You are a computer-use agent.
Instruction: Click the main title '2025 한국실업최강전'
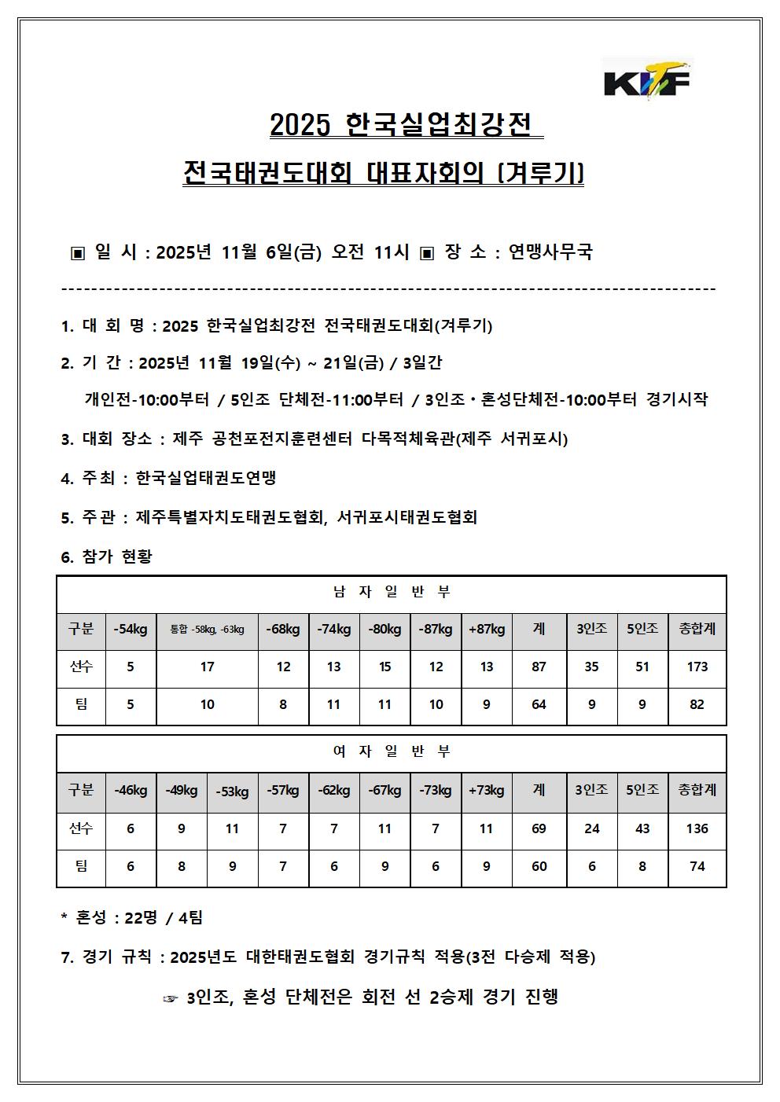click(x=401, y=125)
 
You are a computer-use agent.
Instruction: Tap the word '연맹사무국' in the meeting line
click(x=550, y=252)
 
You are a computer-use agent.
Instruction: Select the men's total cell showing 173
click(x=697, y=667)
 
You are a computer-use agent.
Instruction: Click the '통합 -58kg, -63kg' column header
click(x=207, y=630)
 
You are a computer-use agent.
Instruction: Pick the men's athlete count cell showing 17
click(x=207, y=667)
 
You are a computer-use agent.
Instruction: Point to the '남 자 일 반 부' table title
click(x=391, y=593)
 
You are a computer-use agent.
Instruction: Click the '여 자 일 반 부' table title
click(x=391, y=752)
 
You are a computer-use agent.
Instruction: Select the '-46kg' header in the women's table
click(x=131, y=790)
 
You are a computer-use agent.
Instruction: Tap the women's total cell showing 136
click(x=697, y=828)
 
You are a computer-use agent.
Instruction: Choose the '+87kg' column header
click(x=487, y=630)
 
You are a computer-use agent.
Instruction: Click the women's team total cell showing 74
click(x=697, y=866)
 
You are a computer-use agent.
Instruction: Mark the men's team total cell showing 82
click(x=697, y=704)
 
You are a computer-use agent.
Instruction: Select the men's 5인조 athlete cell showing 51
click(x=642, y=667)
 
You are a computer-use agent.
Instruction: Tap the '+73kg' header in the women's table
click(x=486, y=790)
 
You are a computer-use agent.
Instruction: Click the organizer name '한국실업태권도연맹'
click(x=206, y=478)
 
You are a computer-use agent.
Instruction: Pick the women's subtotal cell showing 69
click(x=539, y=828)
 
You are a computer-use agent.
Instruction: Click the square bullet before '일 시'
click(x=77, y=253)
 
